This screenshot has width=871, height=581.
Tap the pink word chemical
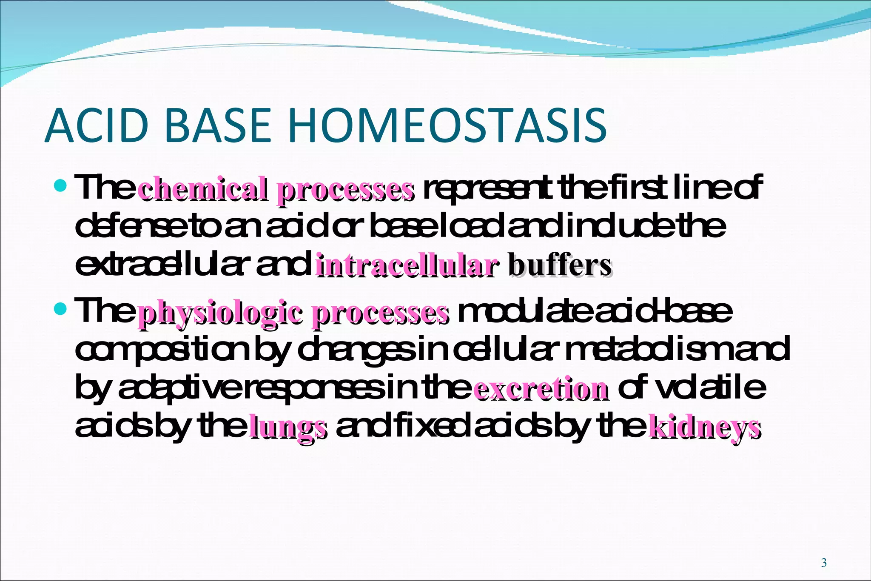[203, 189]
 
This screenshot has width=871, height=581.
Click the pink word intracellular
[406, 267]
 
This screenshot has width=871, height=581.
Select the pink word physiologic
[220, 314]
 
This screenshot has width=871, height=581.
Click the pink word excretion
[541, 389]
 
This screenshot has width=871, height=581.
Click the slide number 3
[824, 563]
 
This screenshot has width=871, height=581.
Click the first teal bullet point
[61, 185]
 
